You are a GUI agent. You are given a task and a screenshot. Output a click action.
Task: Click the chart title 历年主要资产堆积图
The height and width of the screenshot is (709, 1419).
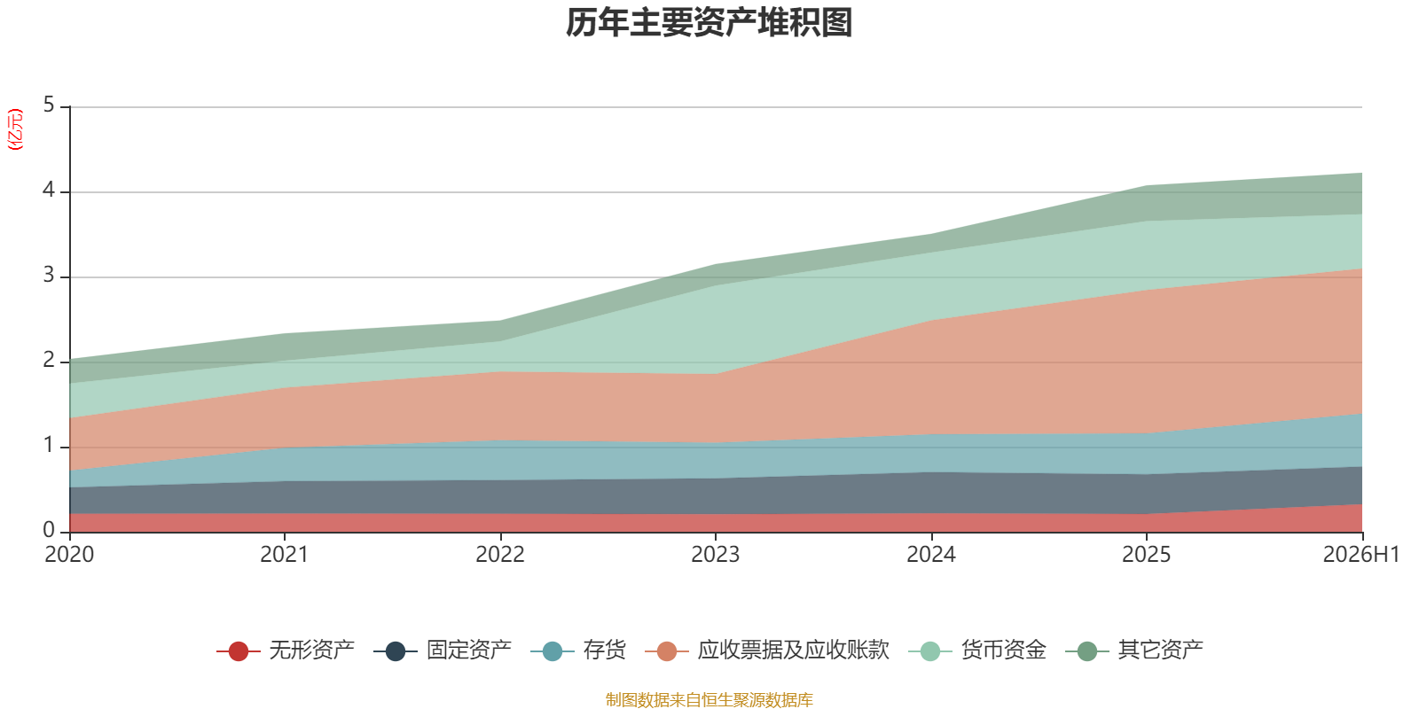[x=709, y=23]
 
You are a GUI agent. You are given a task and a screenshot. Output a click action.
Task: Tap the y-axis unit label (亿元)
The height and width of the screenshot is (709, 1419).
[x=15, y=129]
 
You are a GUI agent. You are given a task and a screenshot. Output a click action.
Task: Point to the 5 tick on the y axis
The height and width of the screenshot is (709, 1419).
[x=49, y=105]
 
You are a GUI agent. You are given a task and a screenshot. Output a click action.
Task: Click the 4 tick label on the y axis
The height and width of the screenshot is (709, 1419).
[x=49, y=190]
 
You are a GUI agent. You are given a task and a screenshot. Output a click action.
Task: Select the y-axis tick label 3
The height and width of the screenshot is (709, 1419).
[x=49, y=276]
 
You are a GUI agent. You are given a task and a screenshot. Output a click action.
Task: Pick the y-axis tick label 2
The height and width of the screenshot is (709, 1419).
[x=49, y=360]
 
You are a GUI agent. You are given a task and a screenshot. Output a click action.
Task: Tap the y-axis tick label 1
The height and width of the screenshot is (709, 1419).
[x=49, y=446]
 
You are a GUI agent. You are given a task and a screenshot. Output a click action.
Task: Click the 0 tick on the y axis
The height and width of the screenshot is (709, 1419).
[x=49, y=531]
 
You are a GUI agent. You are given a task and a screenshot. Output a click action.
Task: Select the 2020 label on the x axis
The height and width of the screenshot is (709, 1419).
[x=69, y=555]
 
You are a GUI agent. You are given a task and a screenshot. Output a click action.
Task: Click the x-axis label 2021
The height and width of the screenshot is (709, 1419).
[x=285, y=555]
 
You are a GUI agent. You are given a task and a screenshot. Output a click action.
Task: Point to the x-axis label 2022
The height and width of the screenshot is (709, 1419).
[x=500, y=555]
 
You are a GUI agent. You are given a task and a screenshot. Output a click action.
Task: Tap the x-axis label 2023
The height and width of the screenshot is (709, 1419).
[x=715, y=555]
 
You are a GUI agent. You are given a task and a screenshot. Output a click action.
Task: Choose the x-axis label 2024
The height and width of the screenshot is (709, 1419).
[x=930, y=555]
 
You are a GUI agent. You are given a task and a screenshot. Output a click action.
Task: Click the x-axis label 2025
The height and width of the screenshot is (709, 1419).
[x=1146, y=555]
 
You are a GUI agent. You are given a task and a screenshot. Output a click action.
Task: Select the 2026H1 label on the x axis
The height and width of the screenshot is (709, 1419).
[x=1360, y=555]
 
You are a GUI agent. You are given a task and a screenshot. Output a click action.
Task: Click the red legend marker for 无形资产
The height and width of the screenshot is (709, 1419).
[x=239, y=651]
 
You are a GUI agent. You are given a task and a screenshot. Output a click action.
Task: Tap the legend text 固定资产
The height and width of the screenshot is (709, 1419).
[x=469, y=651]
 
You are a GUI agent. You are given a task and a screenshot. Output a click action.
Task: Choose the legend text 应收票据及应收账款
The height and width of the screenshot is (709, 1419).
[x=793, y=651]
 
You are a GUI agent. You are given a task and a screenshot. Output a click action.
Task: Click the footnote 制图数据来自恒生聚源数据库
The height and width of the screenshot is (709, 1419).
[x=709, y=699]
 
